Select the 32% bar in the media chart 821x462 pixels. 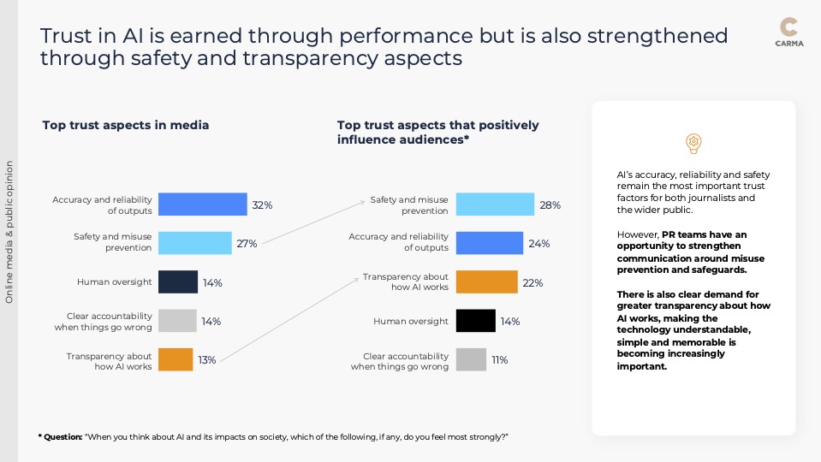tap(202, 204)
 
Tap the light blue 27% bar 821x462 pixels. tap(194, 243)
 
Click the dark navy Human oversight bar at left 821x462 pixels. tap(177, 282)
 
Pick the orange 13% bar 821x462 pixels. tap(175, 359)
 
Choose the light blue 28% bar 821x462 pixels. tap(495, 204)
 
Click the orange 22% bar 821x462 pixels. tap(486, 281)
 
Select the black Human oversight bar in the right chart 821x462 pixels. tap(475, 321)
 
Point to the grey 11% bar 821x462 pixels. tap(470, 359)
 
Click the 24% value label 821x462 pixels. tap(538, 244)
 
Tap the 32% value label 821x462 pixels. tap(262, 205)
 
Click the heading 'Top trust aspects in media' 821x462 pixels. tap(126, 125)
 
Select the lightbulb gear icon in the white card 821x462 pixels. tap(693, 143)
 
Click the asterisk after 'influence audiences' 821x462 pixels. tap(467, 139)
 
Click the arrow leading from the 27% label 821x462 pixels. tap(312, 224)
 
